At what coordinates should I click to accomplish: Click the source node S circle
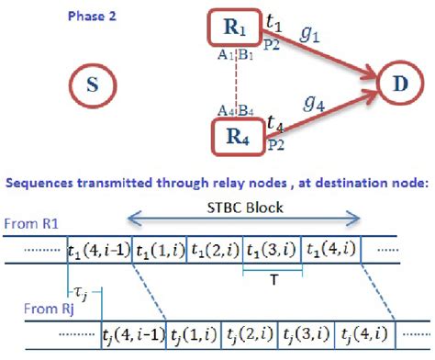93,89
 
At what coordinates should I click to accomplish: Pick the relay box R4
237,139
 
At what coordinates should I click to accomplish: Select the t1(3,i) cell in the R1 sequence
272,249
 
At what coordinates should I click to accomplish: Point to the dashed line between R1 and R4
237,82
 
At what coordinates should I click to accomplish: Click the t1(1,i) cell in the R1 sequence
160,249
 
